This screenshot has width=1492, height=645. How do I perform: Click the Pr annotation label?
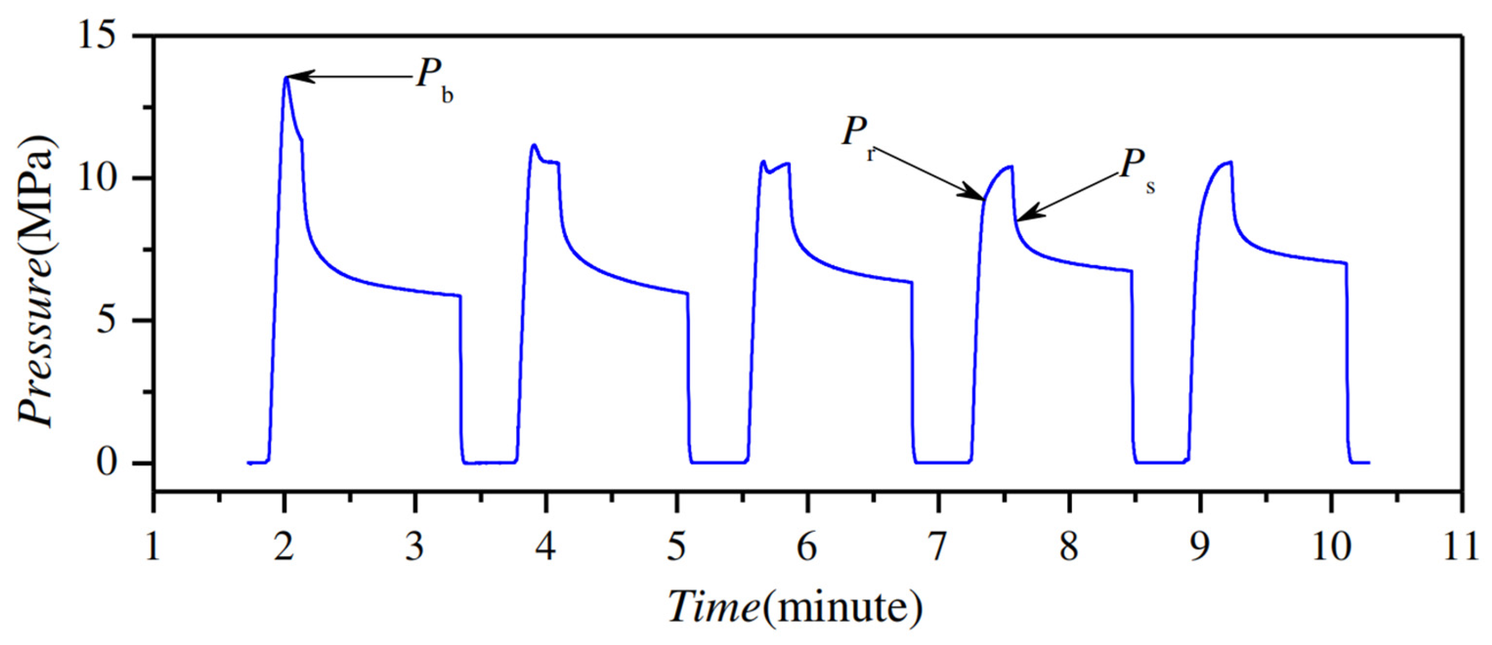(857, 136)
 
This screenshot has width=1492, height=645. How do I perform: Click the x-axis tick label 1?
(152, 546)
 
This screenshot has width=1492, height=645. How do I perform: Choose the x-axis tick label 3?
(414, 546)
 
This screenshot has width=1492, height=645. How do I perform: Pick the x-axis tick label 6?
(807, 546)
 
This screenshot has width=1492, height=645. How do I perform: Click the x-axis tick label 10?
(1331, 546)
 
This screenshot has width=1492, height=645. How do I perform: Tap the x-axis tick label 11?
(1462, 546)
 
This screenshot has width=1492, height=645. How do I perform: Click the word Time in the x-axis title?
(714, 607)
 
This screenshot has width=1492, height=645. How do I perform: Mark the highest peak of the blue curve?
(286, 77)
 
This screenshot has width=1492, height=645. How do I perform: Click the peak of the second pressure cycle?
(534, 145)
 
